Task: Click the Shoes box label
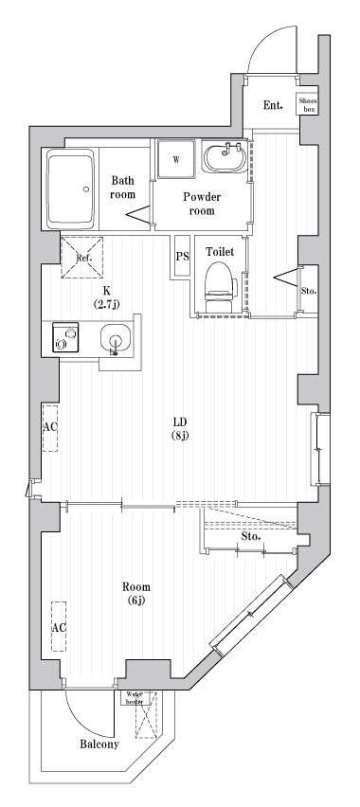pyautogui.click(x=308, y=104)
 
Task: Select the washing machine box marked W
pyautogui.click(x=176, y=159)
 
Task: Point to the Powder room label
pyautogui.click(x=202, y=204)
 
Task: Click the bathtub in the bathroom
pyautogui.click(x=70, y=187)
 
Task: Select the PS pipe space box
pyautogui.click(x=182, y=257)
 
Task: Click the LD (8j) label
pyautogui.click(x=180, y=428)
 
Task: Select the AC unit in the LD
pyautogui.click(x=50, y=427)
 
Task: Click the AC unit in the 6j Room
pyautogui.click(x=58, y=627)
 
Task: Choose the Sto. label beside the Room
pyautogui.click(x=250, y=537)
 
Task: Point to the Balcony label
pyautogui.click(x=99, y=744)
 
